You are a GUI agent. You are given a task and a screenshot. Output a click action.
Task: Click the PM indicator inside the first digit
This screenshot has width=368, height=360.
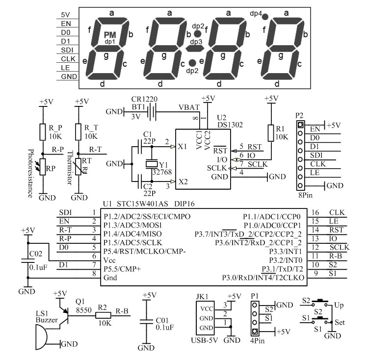(x=110, y=35)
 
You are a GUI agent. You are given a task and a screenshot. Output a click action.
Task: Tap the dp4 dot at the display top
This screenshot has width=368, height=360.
(x=265, y=17)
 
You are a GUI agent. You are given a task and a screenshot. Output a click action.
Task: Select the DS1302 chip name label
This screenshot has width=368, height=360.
(x=230, y=125)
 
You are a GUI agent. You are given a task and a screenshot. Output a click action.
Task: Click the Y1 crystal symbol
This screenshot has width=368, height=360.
(x=152, y=164)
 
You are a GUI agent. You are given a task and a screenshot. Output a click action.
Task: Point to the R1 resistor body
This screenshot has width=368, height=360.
(x=271, y=133)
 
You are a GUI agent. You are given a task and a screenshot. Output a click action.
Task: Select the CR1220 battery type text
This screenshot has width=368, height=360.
(x=144, y=100)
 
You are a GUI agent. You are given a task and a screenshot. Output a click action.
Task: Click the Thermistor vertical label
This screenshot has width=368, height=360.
(x=70, y=168)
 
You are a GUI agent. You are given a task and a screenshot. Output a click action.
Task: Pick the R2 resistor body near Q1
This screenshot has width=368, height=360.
(x=103, y=315)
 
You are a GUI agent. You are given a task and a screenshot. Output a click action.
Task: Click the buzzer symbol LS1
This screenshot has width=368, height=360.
(x=41, y=337)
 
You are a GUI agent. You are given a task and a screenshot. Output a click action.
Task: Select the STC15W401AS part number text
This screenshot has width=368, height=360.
(x=142, y=204)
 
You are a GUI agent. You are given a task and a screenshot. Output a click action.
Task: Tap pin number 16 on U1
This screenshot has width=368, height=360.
(x=315, y=212)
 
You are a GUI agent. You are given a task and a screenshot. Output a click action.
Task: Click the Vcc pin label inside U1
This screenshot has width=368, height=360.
(x=109, y=260)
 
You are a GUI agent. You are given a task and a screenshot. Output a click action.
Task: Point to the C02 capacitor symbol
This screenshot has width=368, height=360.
(x=28, y=261)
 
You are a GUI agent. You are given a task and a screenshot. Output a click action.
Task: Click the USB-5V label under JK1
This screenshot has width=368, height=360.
(x=205, y=340)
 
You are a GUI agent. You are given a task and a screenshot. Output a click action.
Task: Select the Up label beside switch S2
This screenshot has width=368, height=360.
(x=339, y=306)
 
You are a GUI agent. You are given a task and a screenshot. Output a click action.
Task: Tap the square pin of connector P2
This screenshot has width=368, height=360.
(x=300, y=125)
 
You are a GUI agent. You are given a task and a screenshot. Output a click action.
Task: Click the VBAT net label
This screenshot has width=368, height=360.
(x=189, y=107)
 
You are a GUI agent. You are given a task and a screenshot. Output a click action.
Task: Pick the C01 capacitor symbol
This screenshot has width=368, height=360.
(x=146, y=321)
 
